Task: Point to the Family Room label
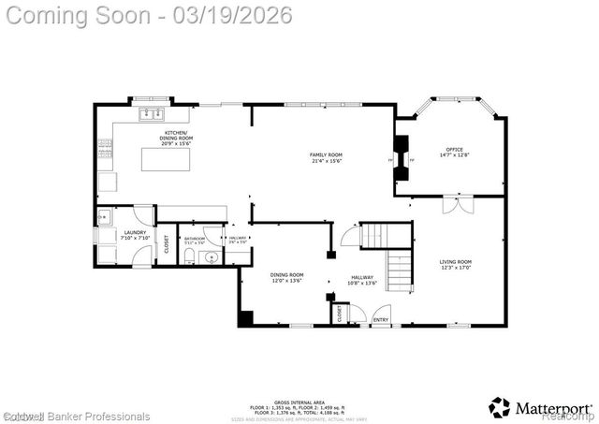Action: tap(327, 157)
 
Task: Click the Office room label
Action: tap(454, 153)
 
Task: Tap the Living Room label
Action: tap(457, 265)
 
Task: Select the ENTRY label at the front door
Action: tap(381, 321)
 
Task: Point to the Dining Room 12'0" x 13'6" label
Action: tap(287, 278)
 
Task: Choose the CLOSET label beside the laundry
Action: tap(168, 245)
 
